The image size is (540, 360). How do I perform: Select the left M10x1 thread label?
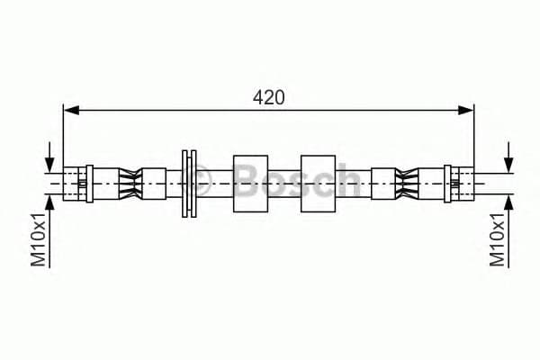coord(39,240)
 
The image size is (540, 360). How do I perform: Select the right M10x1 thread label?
coord(496,240)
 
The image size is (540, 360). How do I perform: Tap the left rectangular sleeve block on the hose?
coord(251,184)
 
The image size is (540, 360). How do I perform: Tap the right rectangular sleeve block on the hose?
coord(318,184)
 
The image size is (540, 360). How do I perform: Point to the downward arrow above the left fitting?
coord(49,157)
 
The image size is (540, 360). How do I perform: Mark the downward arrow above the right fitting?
coord(508,157)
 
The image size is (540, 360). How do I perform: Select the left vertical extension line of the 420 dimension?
coord(63,135)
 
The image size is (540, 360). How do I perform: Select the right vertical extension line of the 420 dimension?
coord(473,135)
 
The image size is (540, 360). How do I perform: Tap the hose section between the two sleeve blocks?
coord(284,184)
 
